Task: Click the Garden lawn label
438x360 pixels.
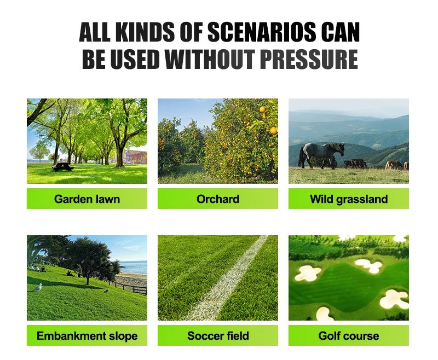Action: coord(87,199)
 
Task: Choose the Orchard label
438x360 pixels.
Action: coord(217,199)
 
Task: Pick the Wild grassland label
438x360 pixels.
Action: coord(348,199)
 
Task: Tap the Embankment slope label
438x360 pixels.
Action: coord(87,335)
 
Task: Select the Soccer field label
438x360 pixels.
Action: coord(217,335)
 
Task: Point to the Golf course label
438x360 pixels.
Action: coord(348,335)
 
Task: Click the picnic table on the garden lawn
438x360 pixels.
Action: coord(63,166)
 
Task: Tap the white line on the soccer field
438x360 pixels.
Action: coord(230,279)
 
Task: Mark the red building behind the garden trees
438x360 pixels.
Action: coord(136,156)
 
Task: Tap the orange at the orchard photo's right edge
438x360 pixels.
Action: coord(273,131)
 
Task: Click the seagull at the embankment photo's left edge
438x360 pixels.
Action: coord(37,288)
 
